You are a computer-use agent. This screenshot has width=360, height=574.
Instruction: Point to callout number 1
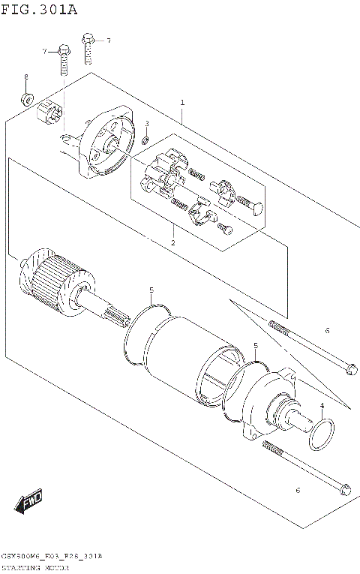tap(181, 102)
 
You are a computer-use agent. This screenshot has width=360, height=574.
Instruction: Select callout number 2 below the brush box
tap(172, 242)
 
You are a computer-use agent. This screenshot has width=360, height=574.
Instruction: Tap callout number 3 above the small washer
tap(147, 124)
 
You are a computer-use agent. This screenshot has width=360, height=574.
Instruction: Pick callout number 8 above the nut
tap(25, 77)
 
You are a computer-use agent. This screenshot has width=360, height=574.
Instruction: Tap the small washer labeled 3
tap(145, 140)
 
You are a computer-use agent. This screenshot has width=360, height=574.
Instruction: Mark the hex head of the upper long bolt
tap(350, 368)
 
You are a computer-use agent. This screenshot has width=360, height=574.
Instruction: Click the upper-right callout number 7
tap(107, 40)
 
